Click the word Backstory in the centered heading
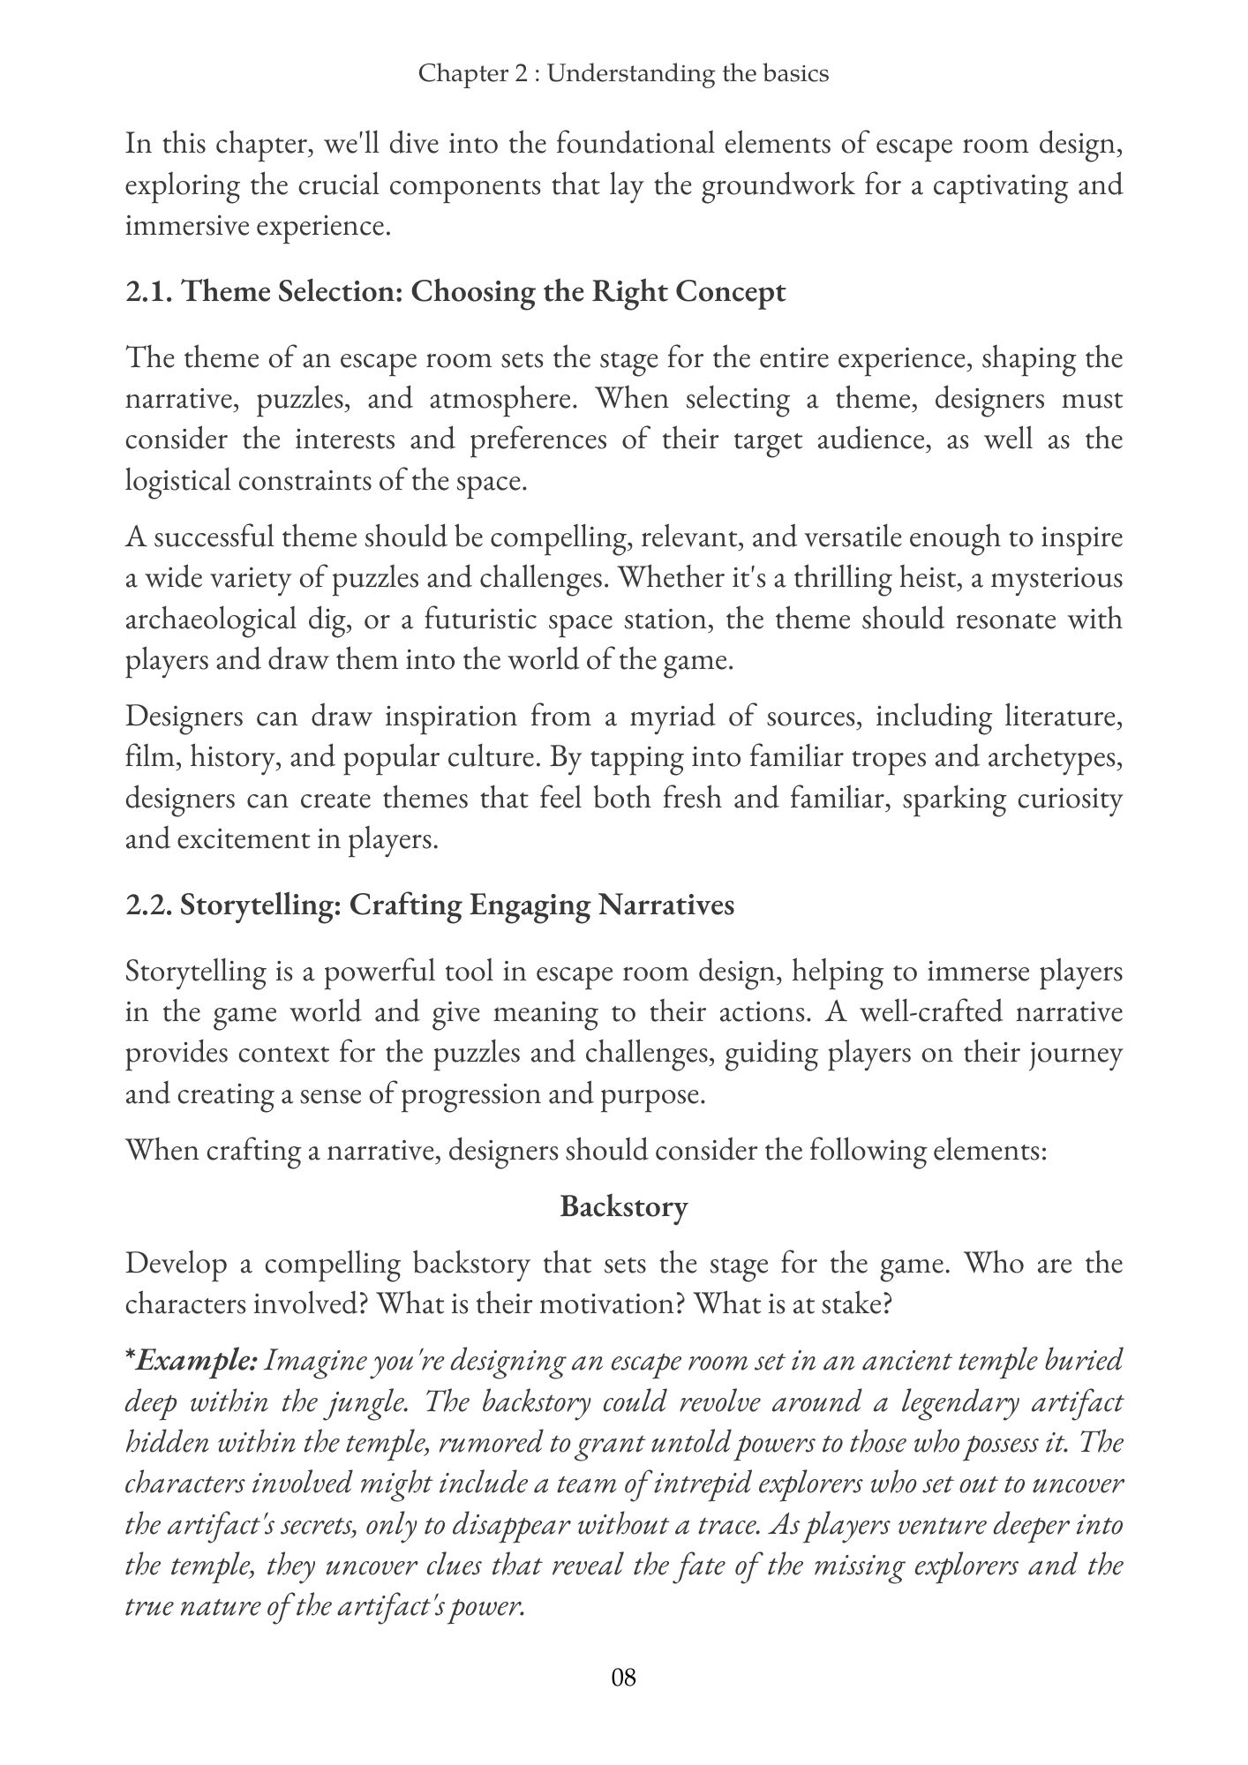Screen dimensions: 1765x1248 623,1206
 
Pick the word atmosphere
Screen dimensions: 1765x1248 502,399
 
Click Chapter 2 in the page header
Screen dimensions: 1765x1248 476,73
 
